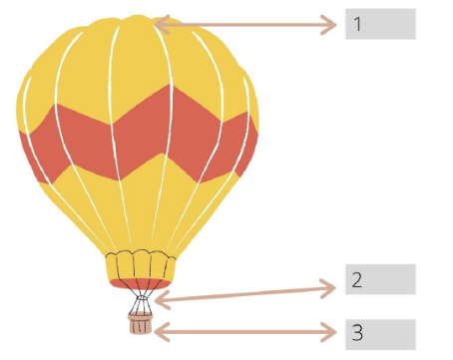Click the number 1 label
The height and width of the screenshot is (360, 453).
coord(380,24)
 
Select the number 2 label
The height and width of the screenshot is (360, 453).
coord(380,280)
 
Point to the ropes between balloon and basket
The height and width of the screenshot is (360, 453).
coord(141,300)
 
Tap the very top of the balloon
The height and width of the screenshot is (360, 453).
coord(140,17)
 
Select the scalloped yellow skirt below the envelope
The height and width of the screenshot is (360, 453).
coord(141,265)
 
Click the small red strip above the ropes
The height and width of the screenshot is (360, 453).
coord(141,284)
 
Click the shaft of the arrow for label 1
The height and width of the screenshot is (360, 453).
coord(244,24)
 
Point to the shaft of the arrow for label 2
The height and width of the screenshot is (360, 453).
coord(244,292)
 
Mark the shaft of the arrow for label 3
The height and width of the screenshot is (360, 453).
coord(244,331)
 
